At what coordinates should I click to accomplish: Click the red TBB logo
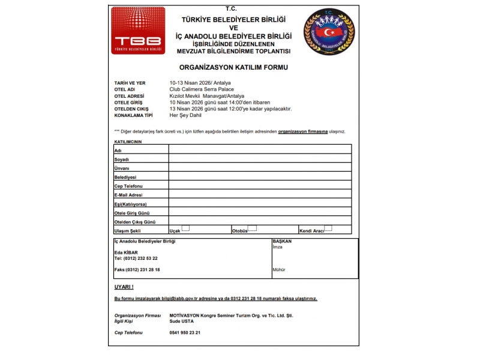137,31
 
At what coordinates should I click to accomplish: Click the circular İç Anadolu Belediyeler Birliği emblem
329,31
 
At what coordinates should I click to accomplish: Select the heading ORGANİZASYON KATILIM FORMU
233,67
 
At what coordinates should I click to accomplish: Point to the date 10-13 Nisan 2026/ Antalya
200,83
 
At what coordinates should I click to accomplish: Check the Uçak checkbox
185,228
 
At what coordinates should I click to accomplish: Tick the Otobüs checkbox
252,228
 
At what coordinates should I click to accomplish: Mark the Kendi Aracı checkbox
328,228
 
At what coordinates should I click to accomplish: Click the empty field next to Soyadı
260,158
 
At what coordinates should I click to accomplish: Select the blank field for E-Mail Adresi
260,194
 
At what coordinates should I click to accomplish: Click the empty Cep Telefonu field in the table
260,185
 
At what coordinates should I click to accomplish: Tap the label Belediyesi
125,177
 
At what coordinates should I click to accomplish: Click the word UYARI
124,287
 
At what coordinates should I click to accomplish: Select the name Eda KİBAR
126,252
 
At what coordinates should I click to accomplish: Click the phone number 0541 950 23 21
185,332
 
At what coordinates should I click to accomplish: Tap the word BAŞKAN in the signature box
281,241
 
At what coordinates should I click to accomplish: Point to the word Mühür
279,269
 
